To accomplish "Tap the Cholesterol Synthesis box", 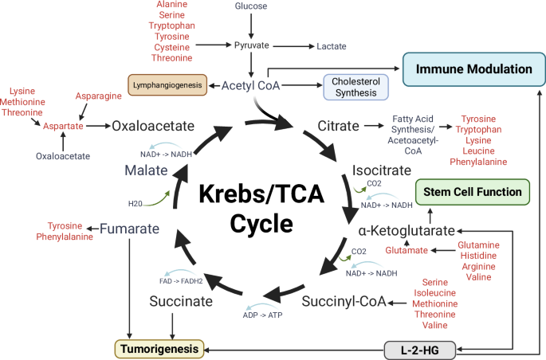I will pyautogui.click(x=355, y=86).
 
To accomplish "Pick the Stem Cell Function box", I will pyautogui.click(x=471, y=192).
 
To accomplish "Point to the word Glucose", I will pyautogui.click(x=251, y=6).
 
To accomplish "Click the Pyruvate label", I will pyautogui.click(x=252, y=46).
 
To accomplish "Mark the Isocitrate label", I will pyautogui.click(x=382, y=170).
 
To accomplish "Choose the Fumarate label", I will pyautogui.click(x=129, y=229).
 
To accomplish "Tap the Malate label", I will pyautogui.click(x=145, y=170).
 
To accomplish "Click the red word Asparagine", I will pyautogui.click(x=98, y=96).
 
